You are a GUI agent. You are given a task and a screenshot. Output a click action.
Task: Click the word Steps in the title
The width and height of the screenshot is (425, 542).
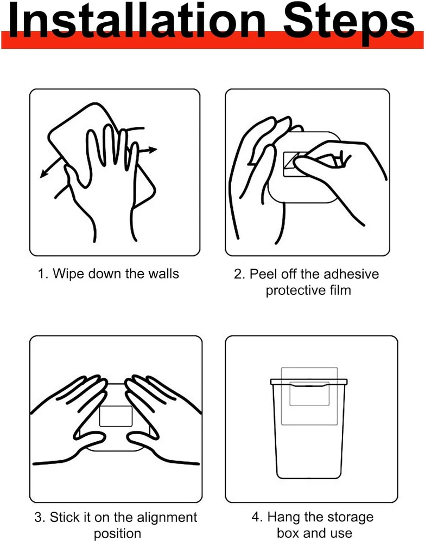pyautogui.click(x=349, y=23)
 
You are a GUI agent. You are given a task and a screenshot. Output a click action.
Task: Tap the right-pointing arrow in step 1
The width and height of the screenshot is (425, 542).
pyautogui.click(x=148, y=150)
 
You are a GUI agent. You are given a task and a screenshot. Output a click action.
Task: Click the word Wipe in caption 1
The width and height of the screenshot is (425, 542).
pyautogui.click(x=68, y=274)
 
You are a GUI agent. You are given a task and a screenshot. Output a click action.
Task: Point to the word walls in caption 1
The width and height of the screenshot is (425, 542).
pyautogui.click(x=163, y=273)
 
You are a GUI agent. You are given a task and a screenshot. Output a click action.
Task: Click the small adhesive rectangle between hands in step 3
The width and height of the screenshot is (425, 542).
pyautogui.click(x=116, y=416)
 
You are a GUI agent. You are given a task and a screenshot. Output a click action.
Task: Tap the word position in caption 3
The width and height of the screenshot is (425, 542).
pyautogui.click(x=117, y=534)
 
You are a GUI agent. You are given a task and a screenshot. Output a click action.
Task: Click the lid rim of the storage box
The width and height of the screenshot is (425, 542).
pyautogui.click(x=308, y=382)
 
